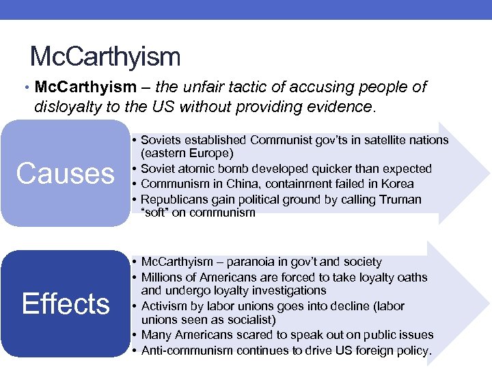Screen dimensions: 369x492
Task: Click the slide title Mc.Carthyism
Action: click(x=105, y=56)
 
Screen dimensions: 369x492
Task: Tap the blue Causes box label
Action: click(x=66, y=174)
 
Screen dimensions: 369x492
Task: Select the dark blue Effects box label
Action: click(x=66, y=303)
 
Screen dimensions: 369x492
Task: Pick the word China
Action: click(x=247, y=183)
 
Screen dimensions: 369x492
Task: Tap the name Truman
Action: click(x=399, y=199)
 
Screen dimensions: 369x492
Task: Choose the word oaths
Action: click(x=412, y=277)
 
